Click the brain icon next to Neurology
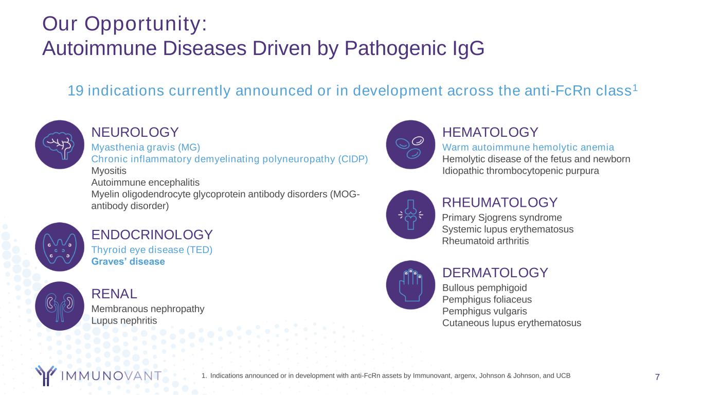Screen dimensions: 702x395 pos(60,145)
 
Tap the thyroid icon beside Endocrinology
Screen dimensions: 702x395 pos(60,247)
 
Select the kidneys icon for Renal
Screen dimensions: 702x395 pos(60,306)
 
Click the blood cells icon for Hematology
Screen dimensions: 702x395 pos(410,145)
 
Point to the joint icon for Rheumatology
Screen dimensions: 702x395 pos(410,215)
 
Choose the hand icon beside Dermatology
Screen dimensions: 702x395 pos(410,285)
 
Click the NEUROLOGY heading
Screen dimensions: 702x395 pos(135,132)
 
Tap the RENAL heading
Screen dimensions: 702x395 pos(114,294)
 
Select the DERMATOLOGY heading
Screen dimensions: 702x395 pos(495,273)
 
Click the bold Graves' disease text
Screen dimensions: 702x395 pos(128,261)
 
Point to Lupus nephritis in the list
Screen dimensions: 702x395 pos(124,321)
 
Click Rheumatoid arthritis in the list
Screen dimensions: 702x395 pos(485,241)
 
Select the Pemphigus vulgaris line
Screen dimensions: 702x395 pos(484,311)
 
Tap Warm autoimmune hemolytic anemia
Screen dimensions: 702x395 pos(528,147)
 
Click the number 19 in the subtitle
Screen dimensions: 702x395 pos(76,91)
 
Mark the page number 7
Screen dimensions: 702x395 pos(657,377)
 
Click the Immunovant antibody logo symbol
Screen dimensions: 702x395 pos(46,375)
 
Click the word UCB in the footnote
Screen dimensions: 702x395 pos(563,375)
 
